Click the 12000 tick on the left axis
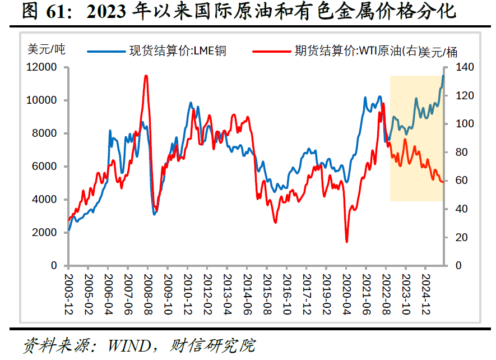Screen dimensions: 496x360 (41, 67)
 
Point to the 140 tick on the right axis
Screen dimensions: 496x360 (465, 67)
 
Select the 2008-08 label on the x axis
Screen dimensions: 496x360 (148, 294)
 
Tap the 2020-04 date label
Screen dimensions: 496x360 (346, 294)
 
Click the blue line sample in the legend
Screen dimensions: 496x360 (106, 51)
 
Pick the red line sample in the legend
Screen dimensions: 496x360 (271, 51)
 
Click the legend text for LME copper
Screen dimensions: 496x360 (178, 51)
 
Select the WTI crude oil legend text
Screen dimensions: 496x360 (376, 51)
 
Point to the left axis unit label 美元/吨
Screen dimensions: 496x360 (47, 49)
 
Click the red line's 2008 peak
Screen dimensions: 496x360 (146, 76)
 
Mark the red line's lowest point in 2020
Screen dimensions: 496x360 (347, 242)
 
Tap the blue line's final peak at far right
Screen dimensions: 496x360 (443, 76)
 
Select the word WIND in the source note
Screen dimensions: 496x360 (129, 345)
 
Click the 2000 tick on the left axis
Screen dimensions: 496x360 (44, 232)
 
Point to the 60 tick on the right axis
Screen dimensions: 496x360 (461, 181)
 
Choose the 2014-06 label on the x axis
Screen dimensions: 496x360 (247, 294)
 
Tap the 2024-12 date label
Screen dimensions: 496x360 (426, 294)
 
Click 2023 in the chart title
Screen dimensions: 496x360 (106, 12)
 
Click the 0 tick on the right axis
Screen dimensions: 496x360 (458, 265)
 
